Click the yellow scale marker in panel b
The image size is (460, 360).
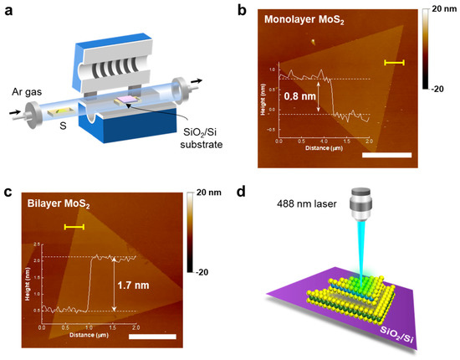(x=394, y=62)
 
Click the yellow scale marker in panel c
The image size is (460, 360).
(x=74, y=226)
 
